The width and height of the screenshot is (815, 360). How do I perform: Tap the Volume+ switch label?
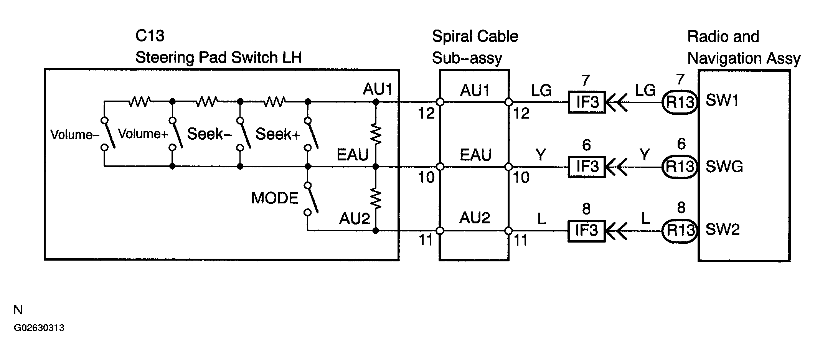pyautogui.click(x=143, y=134)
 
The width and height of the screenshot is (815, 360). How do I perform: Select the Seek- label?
pyautogui.click(x=209, y=134)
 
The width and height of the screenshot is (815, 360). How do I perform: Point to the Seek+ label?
pyautogui.click(x=277, y=134)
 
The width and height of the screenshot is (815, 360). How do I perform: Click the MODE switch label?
pyautogui.click(x=275, y=198)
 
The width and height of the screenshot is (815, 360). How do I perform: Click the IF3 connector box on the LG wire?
pyautogui.click(x=587, y=102)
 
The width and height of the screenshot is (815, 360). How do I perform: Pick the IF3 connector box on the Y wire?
pyautogui.click(x=587, y=167)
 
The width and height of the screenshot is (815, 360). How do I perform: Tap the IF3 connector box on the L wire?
pyautogui.click(x=587, y=231)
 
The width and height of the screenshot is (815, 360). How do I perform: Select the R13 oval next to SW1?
pyautogui.click(x=680, y=102)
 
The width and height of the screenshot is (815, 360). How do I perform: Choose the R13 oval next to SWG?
pyautogui.click(x=680, y=167)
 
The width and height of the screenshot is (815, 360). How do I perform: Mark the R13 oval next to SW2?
pyautogui.click(x=680, y=231)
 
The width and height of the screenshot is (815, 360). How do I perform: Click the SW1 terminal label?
pyautogui.click(x=722, y=101)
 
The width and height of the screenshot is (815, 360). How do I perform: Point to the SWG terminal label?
pyautogui.click(x=724, y=167)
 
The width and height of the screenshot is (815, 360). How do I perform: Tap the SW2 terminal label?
pyautogui.click(x=723, y=230)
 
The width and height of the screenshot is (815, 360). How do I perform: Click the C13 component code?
pyautogui.click(x=150, y=36)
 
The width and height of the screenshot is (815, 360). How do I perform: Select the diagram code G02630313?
pyautogui.click(x=39, y=328)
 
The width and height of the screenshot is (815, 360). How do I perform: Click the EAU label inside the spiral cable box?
pyautogui.click(x=475, y=155)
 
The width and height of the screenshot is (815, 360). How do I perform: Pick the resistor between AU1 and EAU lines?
pyautogui.click(x=376, y=134)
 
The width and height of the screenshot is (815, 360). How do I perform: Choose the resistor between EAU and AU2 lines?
pyautogui.click(x=376, y=199)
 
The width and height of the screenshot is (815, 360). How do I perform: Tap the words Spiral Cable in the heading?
pyautogui.click(x=475, y=36)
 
